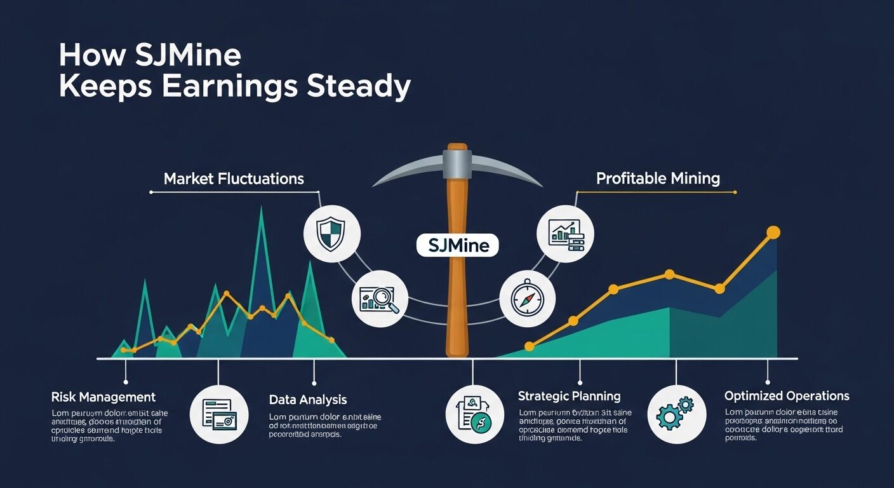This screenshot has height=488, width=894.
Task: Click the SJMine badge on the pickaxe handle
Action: (x=457, y=245)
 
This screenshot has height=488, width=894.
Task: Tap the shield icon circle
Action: (x=332, y=231)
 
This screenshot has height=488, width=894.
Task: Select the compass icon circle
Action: (x=527, y=299)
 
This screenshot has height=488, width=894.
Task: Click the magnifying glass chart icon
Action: (x=380, y=299)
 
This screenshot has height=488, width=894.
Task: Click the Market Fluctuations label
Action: (x=234, y=179)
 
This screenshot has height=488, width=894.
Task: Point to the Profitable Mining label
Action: (x=658, y=179)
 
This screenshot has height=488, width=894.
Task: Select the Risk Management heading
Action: (x=103, y=397)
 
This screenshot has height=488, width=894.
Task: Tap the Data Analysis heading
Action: (x=308, y=400)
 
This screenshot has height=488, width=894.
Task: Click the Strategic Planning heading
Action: (x=569, y=396)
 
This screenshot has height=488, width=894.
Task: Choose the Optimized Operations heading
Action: (x=786, y=396)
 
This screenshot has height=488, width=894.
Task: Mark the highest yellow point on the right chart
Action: (x=773, y=233)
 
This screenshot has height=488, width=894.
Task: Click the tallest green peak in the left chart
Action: (x=260, y=210)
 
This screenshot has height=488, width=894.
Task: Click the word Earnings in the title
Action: (x=229, y=87)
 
